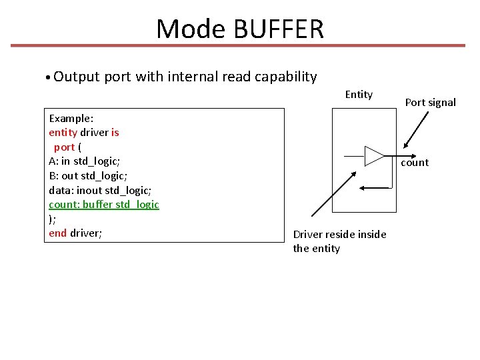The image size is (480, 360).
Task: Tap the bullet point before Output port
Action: (x=49, y=77)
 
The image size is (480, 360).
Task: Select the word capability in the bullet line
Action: (x=283, y=77)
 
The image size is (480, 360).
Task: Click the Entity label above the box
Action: (x=359, y=94)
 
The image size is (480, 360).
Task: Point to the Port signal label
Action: (x=431, y=102)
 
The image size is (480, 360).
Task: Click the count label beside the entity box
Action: (x=415, y=163)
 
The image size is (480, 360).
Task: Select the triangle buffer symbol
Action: (x=374, y=155)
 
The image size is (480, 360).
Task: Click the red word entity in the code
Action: (x=63, y=132)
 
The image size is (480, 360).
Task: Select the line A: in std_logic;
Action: (x=84, y=161)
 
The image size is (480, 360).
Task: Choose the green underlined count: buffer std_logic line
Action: (x=104, y=204)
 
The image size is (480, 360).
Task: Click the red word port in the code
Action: (x=64, y=147)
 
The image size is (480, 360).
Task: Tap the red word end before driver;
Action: (x=58, y=233)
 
